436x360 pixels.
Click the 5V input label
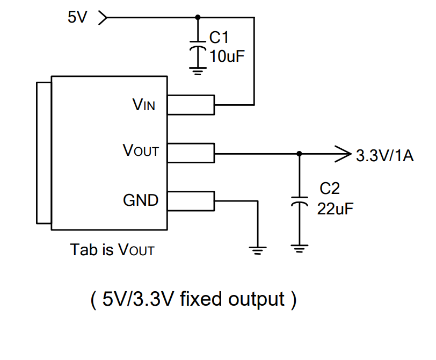(x=77, y=17)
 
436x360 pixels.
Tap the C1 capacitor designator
(x=219, y=38)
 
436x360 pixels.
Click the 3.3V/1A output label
(x=384, y=156)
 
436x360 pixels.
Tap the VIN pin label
(x=143, y=105)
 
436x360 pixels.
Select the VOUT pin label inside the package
(x=141, y=151)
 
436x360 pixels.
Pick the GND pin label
(x=141, y=200)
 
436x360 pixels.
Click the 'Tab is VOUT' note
(x=112, y=250)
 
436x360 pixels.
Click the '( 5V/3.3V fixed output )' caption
(x=193, y=299)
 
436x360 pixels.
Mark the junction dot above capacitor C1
(x=198, y=17)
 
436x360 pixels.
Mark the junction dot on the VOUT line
(x=299, y=154)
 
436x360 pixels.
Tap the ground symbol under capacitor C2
(x=299, y=249)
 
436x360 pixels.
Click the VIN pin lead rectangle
(x=191, y=105)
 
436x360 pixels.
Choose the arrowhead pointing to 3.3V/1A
(x=341, y=154)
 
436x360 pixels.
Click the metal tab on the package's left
(x=43, y=153)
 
